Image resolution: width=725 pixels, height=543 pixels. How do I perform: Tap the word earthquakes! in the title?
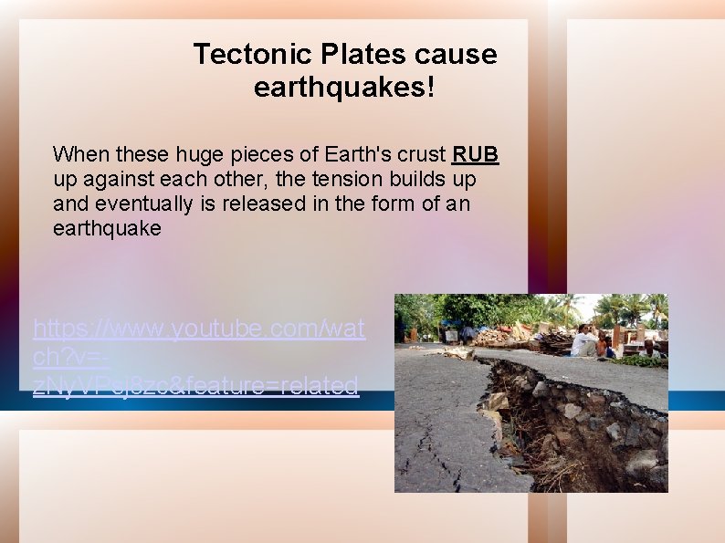[x=345, y=89]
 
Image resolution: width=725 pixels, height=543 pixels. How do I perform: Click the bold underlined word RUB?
[x=476, y=153]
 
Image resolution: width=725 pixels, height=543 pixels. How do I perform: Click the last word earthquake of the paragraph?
[x=107, y=229]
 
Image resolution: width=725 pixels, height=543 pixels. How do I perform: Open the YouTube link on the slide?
[x=197, y=356]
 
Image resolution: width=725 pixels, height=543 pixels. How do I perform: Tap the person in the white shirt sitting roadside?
[x=583, y=341]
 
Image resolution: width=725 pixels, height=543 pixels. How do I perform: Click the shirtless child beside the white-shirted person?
[x=602, y=346]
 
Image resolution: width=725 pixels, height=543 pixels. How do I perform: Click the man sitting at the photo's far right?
[x=649, y=347]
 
